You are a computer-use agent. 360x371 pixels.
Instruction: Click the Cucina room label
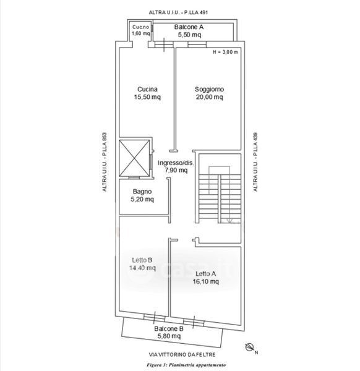[147, 89]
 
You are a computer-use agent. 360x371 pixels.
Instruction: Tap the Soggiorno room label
[209, 89]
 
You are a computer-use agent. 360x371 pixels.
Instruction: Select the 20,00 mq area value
[209, 97]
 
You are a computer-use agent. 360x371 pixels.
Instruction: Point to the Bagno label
[142, 192]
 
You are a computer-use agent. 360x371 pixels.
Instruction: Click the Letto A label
[206, 274]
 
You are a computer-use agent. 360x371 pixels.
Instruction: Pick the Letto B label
[142, 260]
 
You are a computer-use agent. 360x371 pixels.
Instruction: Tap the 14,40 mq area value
[142, 268]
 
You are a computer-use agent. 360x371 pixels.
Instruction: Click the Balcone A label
[189, 27]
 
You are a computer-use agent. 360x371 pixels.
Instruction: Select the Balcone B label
[169, 329]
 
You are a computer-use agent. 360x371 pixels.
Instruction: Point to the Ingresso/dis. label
[176, 163]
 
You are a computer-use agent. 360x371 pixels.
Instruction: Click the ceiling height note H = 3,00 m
[225, 52]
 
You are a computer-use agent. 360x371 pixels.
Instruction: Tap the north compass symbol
[249, 348]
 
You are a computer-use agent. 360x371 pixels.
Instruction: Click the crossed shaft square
[134, 158]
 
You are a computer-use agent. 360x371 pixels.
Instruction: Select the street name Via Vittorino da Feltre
[182, 355]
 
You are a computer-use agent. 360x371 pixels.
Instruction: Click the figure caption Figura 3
[156, 365]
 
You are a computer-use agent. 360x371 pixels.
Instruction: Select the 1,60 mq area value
[141, 33]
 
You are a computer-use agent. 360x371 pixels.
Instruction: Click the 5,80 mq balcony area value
[169, 336]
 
